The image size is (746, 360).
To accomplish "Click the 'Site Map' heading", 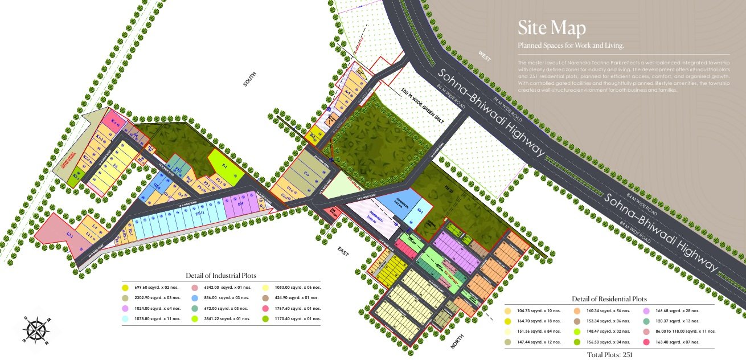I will (x=551, y=28).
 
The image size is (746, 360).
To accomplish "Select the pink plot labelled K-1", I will (x=114, y=124).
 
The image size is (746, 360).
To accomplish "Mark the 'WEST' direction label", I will (x=484, y=56).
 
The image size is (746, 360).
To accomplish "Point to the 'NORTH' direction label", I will (x=457, y=341).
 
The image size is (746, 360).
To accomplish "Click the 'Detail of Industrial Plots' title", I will (x=221, y=276).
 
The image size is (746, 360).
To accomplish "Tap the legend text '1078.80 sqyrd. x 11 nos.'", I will (x=157, y=319).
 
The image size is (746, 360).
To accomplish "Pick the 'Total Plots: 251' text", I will (x=609, y=354).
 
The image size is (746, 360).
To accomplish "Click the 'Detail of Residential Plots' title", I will (x=609, y=299).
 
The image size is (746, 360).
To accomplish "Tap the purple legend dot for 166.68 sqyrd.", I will (x=646, y=311).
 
